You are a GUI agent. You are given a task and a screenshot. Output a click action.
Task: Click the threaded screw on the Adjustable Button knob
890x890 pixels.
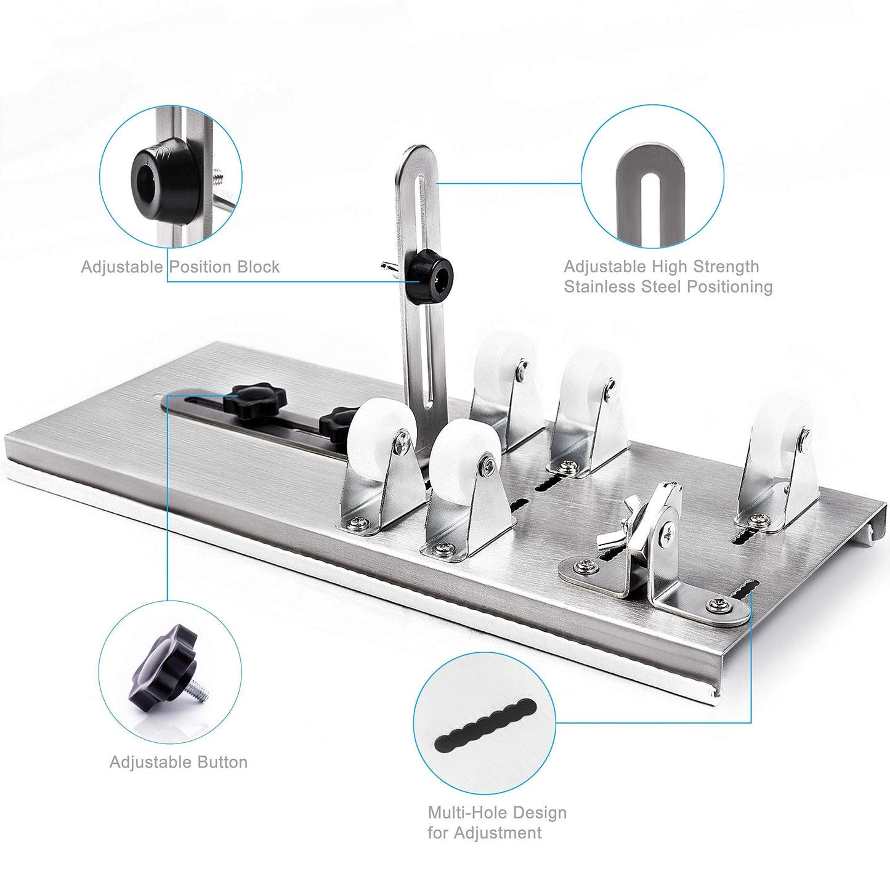tap(200, 690)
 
